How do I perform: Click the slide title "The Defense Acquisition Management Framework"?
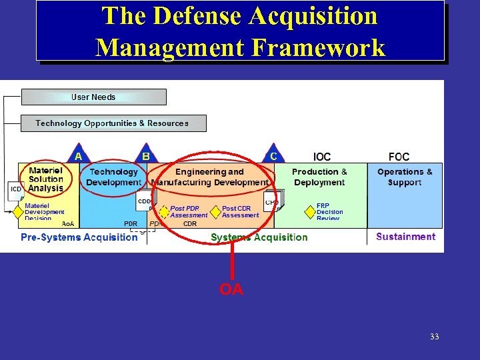pyautogui.click(x=240, y=31)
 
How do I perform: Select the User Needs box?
pyautogui.click(x=93, y=97)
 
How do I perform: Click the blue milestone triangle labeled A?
pyautogui.click(x=78, y=155)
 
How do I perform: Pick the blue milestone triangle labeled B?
pyautogui.click(x=145, y=155)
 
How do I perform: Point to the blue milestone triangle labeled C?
pyautogui.click(x=273, y=155)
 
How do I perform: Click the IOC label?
pyautogui.click(x=322, y=157)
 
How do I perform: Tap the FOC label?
pyautogui.click(x=399, y=157)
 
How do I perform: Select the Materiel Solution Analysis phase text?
pyautogui.click(x=46, y=179)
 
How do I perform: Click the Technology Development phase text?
pyautogui.click(x=113, y=177)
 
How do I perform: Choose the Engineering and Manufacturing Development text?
pyautogui.click(x=210, y=177)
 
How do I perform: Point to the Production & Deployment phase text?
pyautogui.click(x=319, y=177)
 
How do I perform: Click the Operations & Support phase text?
pyautogui.click(x=405, y=177)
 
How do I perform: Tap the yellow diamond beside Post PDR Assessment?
pyautogui.click(x=164, y=212)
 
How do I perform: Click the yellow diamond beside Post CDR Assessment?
pyautogui.click(x=215, y=212)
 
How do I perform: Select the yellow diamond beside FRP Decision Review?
pyautogui.click(x=310, y=212)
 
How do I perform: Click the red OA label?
pyautogui.click(x=231, y=289)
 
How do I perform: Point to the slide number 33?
pyautogui.click(x=434, y=337)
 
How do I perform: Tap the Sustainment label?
pyautogui.click(x=405, y=237)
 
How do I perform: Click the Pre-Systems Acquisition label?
pyautogui.click(x=79, y=237)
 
